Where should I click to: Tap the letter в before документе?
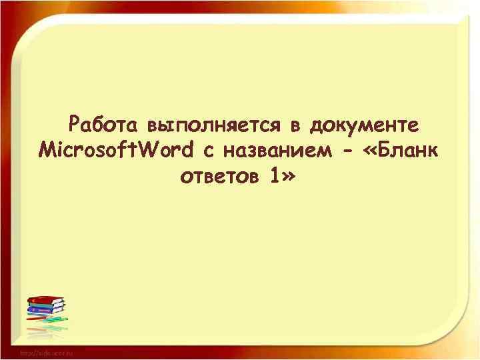(293, 125)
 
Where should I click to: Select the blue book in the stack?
(45, 310)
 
